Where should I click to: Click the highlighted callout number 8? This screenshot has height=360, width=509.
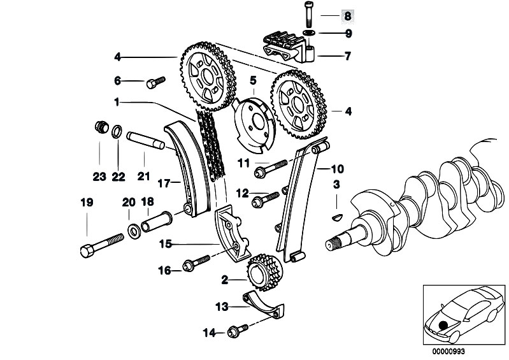coord(348,16)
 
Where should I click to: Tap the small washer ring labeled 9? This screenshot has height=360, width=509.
coord(310,32)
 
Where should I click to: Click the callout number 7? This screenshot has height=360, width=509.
coord(348,56)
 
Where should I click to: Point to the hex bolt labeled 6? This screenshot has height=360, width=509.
coord(156,82)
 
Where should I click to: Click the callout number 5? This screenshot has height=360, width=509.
coord(253,80)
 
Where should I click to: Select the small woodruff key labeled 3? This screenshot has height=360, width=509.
coord(337,217)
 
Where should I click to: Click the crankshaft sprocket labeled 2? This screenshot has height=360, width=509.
coord(264,273)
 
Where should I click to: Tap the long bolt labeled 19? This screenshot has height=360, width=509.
coord(101,246)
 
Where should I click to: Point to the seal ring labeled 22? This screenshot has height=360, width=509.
coord(117,131)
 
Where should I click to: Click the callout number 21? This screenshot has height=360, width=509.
coord(143,176)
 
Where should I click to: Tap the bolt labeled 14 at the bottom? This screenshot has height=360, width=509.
coord(238,331)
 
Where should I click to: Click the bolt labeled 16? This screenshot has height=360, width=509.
coord(197,263)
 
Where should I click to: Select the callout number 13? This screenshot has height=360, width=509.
coord(222,306)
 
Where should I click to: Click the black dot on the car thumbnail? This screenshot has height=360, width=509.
coord(443,325)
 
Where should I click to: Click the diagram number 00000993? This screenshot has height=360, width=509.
coord(448,352)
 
